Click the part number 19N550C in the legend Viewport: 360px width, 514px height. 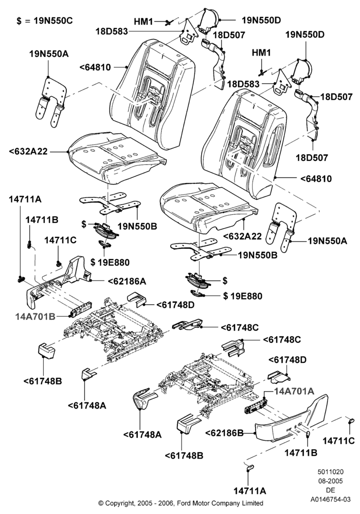(52, 21)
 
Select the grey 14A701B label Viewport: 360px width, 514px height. (35, 316)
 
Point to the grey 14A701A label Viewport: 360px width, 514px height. (294, 391)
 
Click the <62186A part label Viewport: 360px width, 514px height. (127, 281)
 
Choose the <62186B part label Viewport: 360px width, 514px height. (224, 433)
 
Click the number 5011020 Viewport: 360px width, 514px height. (331, 472)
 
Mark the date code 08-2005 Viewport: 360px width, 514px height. (331, 481)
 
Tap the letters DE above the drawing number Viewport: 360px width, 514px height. (331, 490)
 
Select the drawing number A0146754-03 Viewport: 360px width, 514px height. (331, 499)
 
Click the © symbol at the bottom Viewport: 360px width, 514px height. (101, 503)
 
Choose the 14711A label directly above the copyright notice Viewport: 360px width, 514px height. (250, 490)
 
